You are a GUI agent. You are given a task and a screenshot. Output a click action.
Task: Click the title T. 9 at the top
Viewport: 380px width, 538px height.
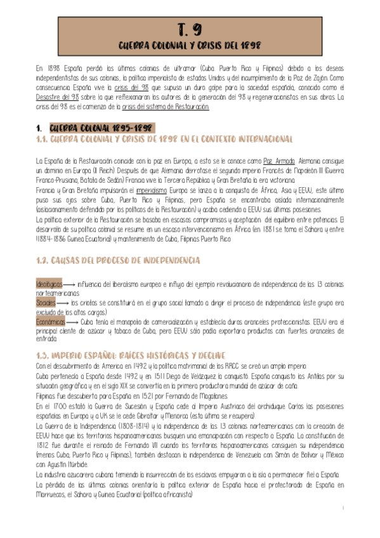point(190,29)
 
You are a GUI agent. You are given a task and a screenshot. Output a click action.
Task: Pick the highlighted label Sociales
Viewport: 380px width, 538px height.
point(46,303)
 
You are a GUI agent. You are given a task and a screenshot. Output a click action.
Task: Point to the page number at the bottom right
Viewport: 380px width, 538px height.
point(343,508)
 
